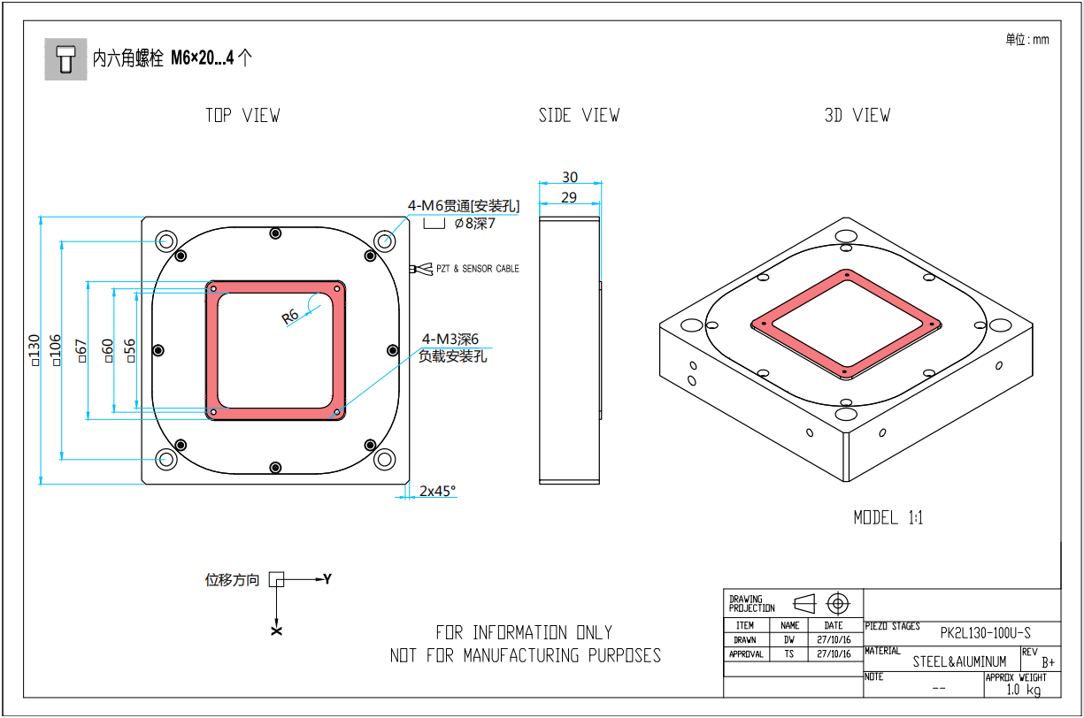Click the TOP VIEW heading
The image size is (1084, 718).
[242, 116]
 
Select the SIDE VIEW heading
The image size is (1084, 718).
[579, 116]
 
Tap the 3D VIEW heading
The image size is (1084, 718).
[857, 116]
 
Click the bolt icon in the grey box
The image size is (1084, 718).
[65, 59]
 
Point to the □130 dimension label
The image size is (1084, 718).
[34, 349]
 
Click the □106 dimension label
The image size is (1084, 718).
[56, 350]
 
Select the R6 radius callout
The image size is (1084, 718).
[290, 316]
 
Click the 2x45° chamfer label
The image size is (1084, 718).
[437, 491]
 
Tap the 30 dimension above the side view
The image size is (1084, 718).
[570, 177]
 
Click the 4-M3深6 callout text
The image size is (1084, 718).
[450, 339]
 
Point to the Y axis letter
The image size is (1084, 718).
[327, 579]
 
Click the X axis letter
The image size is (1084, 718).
[277, 631]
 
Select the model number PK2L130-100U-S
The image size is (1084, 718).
[985, 633]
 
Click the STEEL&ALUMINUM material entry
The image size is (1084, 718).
[960, 661]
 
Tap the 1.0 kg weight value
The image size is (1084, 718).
[1023, 689]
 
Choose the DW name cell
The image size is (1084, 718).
[789, 639]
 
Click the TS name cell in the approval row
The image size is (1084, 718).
[789, 654]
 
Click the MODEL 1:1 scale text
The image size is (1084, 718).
[888, 518]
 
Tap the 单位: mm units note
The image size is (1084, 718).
[1026, 40]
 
